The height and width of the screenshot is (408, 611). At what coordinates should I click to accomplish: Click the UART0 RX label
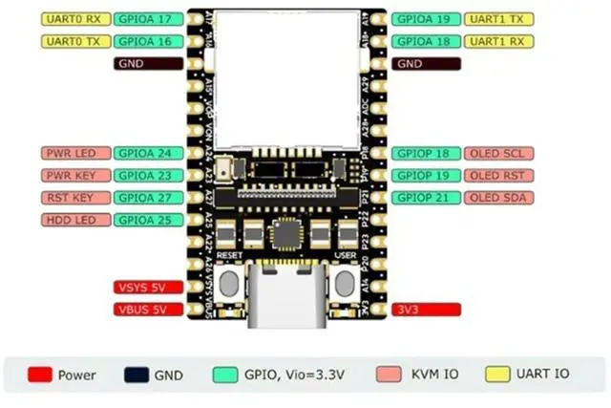click(x=74, y=19)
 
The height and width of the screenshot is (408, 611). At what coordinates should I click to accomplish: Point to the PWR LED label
click(x=74, y=153)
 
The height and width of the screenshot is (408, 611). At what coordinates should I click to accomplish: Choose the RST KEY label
click(x=74, y=198)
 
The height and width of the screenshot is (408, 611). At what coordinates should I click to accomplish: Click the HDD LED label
click(x=74, y=220)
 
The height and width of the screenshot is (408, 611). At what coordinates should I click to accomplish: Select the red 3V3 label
click(x=426, y=310)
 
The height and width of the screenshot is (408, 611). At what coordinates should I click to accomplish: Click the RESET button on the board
click(x=229, y=283)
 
